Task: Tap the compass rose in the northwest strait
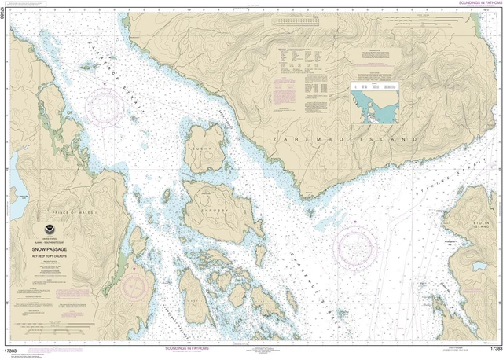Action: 110,107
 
